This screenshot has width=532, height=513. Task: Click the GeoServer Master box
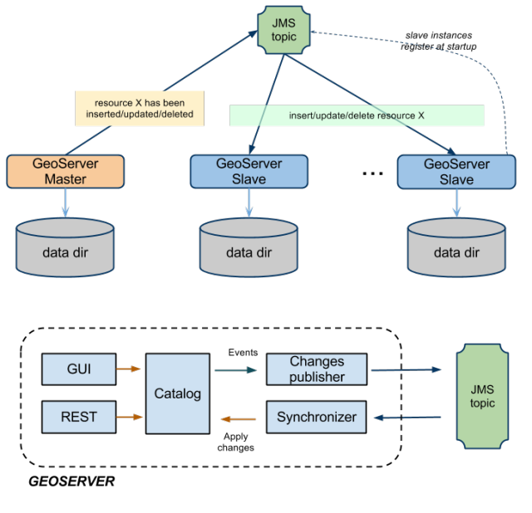click(66, 171)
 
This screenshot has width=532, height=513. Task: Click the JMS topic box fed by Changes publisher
click(482, 396)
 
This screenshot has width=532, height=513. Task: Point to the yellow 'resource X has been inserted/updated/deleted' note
click(140, 108)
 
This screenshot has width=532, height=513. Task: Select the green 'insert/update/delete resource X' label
click(357, 115)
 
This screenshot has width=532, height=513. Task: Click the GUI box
click(78, 369)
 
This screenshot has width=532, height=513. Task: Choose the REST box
click(78, 417)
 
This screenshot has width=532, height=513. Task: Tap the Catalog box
click(178, 393)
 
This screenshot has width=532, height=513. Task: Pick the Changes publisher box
click(317, 369)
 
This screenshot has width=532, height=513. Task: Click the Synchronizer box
click(317, 417)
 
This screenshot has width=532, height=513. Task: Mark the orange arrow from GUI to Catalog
click(130, 369)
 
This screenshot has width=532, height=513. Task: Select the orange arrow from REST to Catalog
click(130, 417)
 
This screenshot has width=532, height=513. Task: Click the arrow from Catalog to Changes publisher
click(236, 370)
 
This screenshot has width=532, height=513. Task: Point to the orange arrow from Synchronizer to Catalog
click(238, 419)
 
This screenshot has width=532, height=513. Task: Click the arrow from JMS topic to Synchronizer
click(407, 418)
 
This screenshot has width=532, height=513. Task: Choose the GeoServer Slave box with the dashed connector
click(456, 171)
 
